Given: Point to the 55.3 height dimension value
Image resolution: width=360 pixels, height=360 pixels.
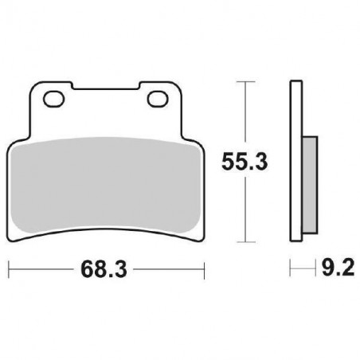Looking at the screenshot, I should (243, 163).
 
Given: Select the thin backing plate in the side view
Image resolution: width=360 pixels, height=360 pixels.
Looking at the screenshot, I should (295, 159).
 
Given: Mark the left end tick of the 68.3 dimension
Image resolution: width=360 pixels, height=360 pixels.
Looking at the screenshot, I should (9, 271).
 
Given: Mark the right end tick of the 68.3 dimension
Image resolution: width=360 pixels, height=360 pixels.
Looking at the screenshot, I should (205, 271).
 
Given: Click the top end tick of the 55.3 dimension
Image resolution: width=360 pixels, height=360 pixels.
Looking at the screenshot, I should (245, 81).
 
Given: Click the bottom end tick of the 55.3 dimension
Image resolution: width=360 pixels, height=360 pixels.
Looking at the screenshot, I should (245, 241).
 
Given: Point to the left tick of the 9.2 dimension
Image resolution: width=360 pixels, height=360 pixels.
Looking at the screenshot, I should (291, 271).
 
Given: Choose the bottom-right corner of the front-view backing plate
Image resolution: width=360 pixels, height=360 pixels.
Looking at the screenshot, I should (199, 238).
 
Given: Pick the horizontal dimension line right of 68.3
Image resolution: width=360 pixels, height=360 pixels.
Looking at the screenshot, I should (171, 271).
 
